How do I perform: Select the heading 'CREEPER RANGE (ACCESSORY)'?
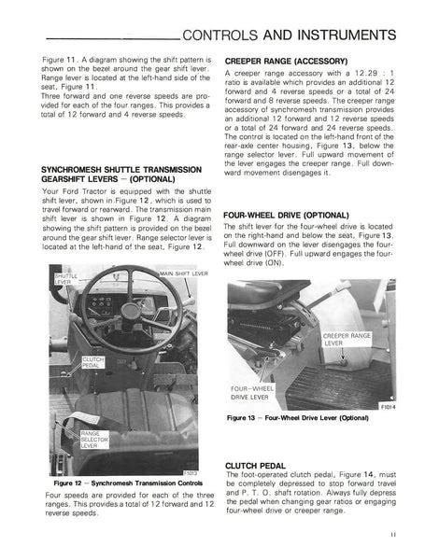(x=287, y=61)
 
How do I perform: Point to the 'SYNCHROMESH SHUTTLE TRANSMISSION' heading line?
(x=121, y=169)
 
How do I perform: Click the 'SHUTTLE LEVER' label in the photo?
(x=66, y=279)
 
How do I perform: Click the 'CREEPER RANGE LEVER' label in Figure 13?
(x=349, y=339)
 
